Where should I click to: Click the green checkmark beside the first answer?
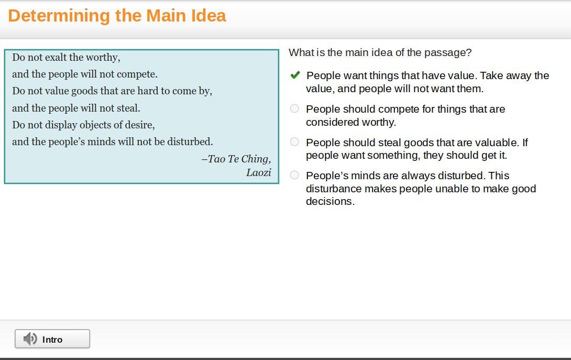tap(295, 75)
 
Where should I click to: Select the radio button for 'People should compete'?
tap(294, 108)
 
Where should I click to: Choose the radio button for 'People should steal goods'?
tap(294, 141)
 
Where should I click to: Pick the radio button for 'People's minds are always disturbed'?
tap(294, 175)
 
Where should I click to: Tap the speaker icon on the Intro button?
tap(30, 339)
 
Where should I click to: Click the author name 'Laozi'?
tap(259, 172)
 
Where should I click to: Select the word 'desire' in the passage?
tap(140, 125)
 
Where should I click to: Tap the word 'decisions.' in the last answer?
tap(331, 201)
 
